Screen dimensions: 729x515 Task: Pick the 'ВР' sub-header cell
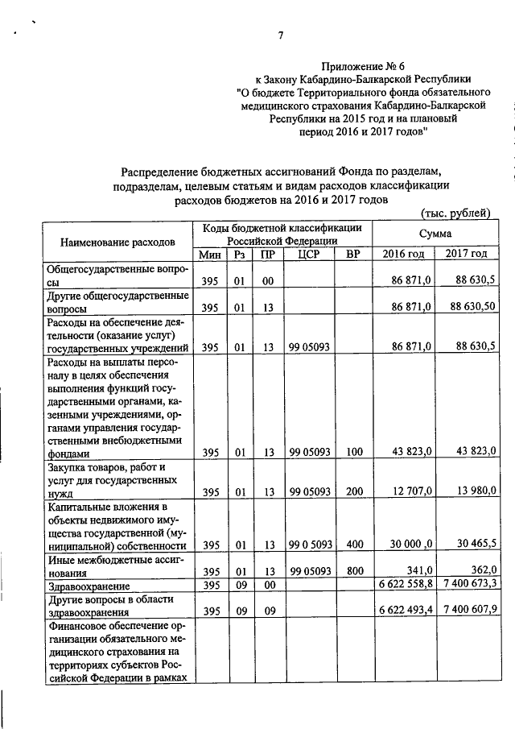351,255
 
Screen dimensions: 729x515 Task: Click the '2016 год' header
403,255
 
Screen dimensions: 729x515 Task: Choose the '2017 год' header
466,255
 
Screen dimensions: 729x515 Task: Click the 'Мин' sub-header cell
210,255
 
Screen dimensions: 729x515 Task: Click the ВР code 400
351,544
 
